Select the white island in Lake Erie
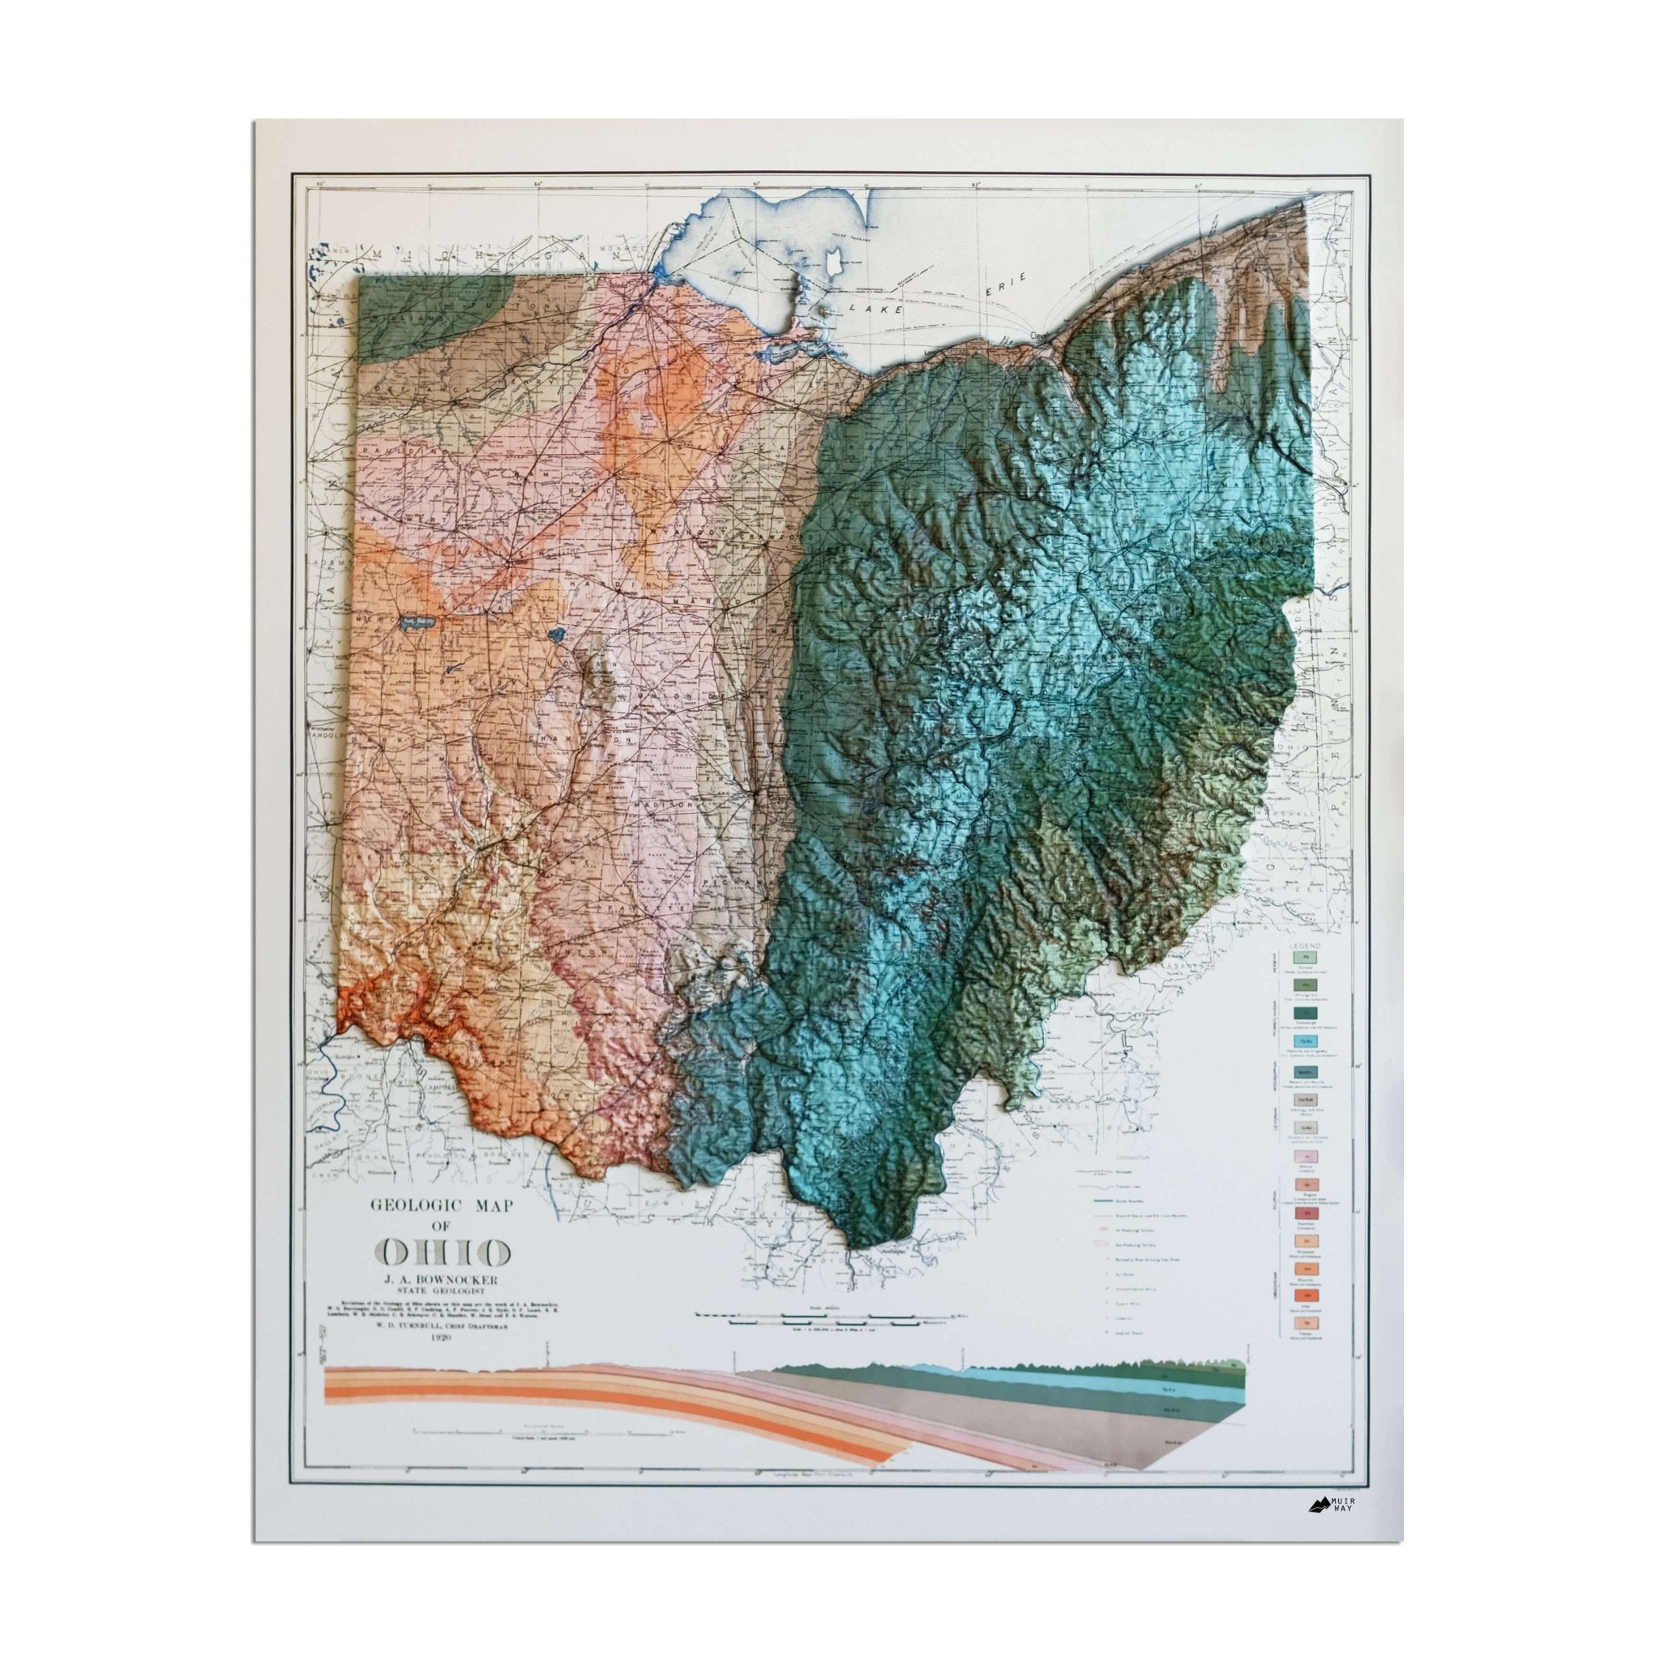832,260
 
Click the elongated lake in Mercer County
418,621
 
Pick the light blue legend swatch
1305,1042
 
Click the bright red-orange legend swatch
1305,1294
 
